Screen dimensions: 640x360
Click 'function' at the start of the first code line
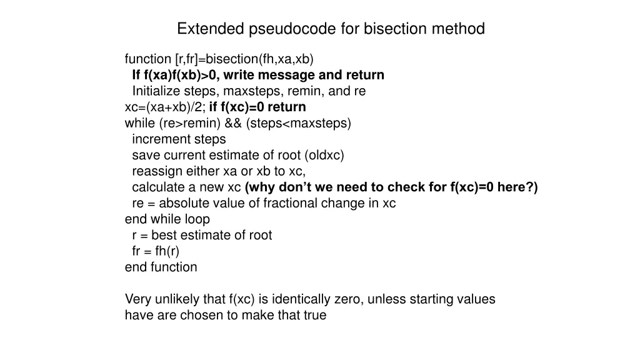click(148, 59)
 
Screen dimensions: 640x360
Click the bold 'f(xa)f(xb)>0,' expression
click(181, 76)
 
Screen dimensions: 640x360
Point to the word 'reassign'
click(154, 171)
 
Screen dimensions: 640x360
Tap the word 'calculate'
click(156, 187)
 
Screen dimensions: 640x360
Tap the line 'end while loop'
click(167, 219)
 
